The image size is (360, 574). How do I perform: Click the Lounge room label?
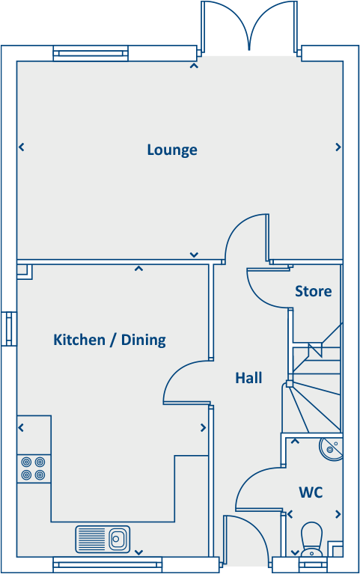click(172, 150)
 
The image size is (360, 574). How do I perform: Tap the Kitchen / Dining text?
click(109, 340)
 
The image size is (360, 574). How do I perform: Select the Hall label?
click(248, 378)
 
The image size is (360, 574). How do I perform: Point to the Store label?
click(313, 291)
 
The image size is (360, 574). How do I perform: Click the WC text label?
click(311, 492)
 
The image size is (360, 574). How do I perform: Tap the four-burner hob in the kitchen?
click(33, 468)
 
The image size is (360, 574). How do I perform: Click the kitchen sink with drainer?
click(102, 537)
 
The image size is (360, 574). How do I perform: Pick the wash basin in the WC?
click(330, 448)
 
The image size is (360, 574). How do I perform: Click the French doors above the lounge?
click(250, 26)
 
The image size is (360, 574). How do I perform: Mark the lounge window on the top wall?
click(91, 54)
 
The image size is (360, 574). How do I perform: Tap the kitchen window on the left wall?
click(9, 329)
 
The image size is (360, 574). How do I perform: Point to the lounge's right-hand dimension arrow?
click(338, 147)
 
